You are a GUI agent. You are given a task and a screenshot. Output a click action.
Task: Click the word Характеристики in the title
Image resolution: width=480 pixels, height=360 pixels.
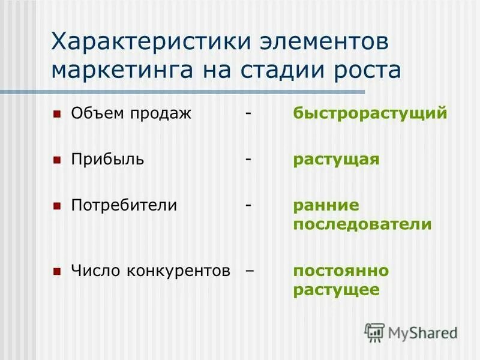point(150,43)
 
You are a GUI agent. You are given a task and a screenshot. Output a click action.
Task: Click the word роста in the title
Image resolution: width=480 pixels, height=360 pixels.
point(367,70)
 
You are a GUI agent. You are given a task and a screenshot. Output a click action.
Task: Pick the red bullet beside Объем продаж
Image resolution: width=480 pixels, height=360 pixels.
point(57,113)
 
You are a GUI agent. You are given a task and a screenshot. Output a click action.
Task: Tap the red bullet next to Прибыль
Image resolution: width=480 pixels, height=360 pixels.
point(57,160)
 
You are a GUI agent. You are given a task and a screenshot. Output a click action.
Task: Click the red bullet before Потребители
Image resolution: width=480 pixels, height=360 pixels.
point(57,206)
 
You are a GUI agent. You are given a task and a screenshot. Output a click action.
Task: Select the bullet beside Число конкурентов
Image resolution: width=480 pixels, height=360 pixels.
point(57,271)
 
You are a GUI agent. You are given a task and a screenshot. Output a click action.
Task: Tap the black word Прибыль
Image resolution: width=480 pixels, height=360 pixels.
point(107,160)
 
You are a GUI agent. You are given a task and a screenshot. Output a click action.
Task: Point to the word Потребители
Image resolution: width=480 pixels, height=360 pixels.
point(124,205)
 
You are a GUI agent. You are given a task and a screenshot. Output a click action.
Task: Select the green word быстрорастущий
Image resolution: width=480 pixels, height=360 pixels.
point(370,113)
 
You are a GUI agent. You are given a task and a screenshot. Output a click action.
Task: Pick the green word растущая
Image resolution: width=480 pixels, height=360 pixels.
point(336,160)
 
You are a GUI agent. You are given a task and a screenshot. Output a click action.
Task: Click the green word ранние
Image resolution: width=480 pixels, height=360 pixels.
point(326,205)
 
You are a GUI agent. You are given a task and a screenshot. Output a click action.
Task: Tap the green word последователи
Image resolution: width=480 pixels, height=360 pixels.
point(362,225)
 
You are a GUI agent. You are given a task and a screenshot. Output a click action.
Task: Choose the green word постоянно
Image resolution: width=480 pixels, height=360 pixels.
point(341,271)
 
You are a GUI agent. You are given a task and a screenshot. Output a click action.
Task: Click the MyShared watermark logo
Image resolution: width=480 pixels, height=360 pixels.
point(411,332)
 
